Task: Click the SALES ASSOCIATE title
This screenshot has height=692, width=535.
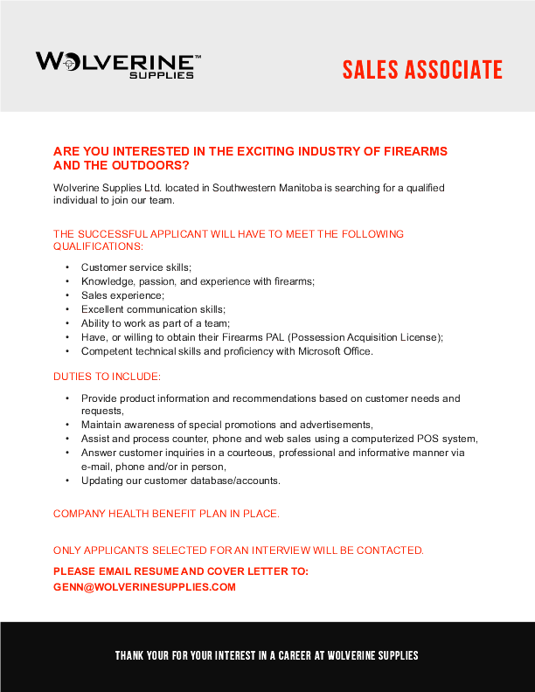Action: pyautogui.click(x=422, y=70)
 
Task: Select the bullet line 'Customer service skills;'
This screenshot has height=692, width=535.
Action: pyautogui.click(x=135, y=266)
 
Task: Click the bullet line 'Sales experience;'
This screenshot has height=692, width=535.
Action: pyautogui.click(x=122, y=295)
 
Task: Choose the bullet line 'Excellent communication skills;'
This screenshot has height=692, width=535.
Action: pyautogui.click(x=153, y=309)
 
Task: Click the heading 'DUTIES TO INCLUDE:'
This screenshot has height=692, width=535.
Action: pyautogui.click(x=107, y=377)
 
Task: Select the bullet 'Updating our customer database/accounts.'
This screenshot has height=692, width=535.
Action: pyautogui.click(x=181, y=481)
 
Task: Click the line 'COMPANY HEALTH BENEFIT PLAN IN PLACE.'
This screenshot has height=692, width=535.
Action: pyautogui.click(x=166, y=514)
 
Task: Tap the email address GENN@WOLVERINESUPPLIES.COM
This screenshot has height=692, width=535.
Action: pyautogui.click(x=144, y=587)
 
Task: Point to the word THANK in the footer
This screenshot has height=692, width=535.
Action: pyautogui.click(x=129, y=655)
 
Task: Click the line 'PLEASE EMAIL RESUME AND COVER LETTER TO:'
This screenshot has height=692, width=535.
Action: pyautogui.click(x=180, y=571)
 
